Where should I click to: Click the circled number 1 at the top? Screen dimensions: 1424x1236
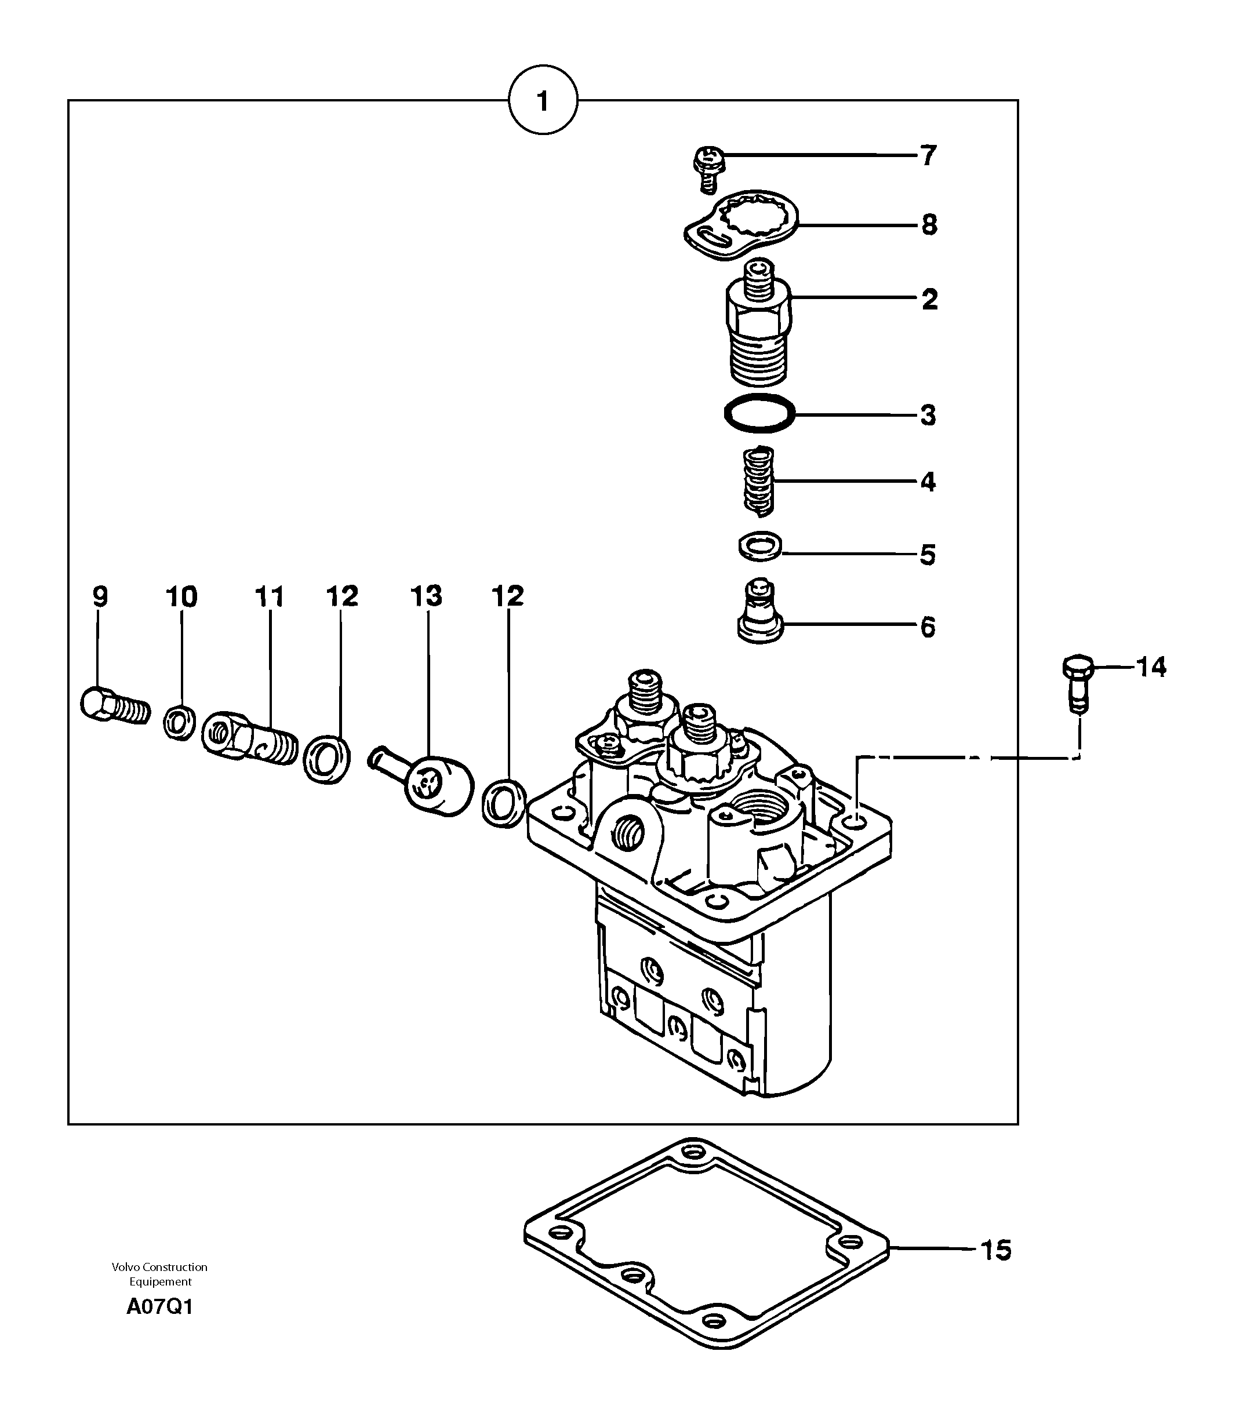[x=543, y=101]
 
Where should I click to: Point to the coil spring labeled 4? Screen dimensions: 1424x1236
[x=759, y=482]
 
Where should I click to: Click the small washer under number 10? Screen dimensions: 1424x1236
[x=179, y=722]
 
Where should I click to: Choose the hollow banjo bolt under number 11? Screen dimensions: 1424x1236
[x=248, y=738]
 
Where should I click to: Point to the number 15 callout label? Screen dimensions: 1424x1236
[x=995, y=1250]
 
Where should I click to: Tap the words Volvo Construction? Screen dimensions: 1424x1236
[x=159, y=1267]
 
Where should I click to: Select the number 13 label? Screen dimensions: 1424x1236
[x=426, y=596]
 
